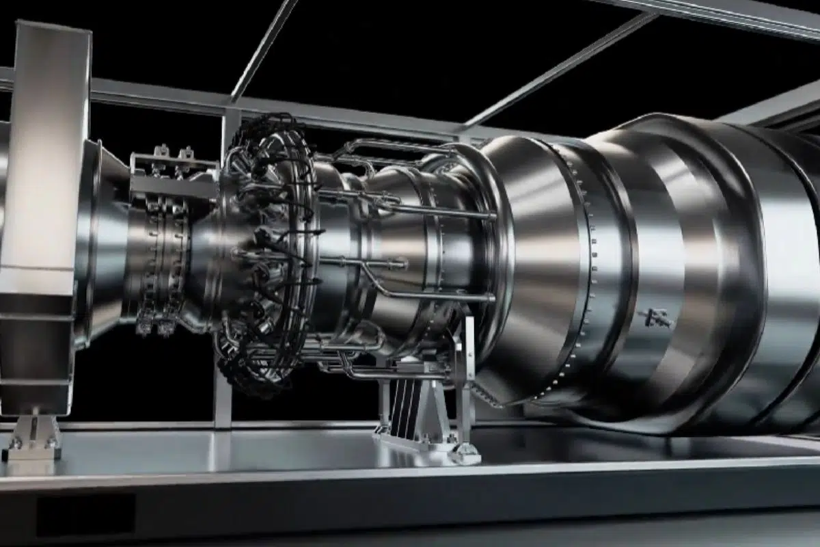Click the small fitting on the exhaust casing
click(x=655, y=317)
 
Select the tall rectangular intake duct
click(x=44, y=205)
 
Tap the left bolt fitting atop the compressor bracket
click(x=162, y=151)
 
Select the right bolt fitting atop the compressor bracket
click(x=185, y=152)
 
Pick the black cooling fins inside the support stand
click(x=401, y=403)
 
